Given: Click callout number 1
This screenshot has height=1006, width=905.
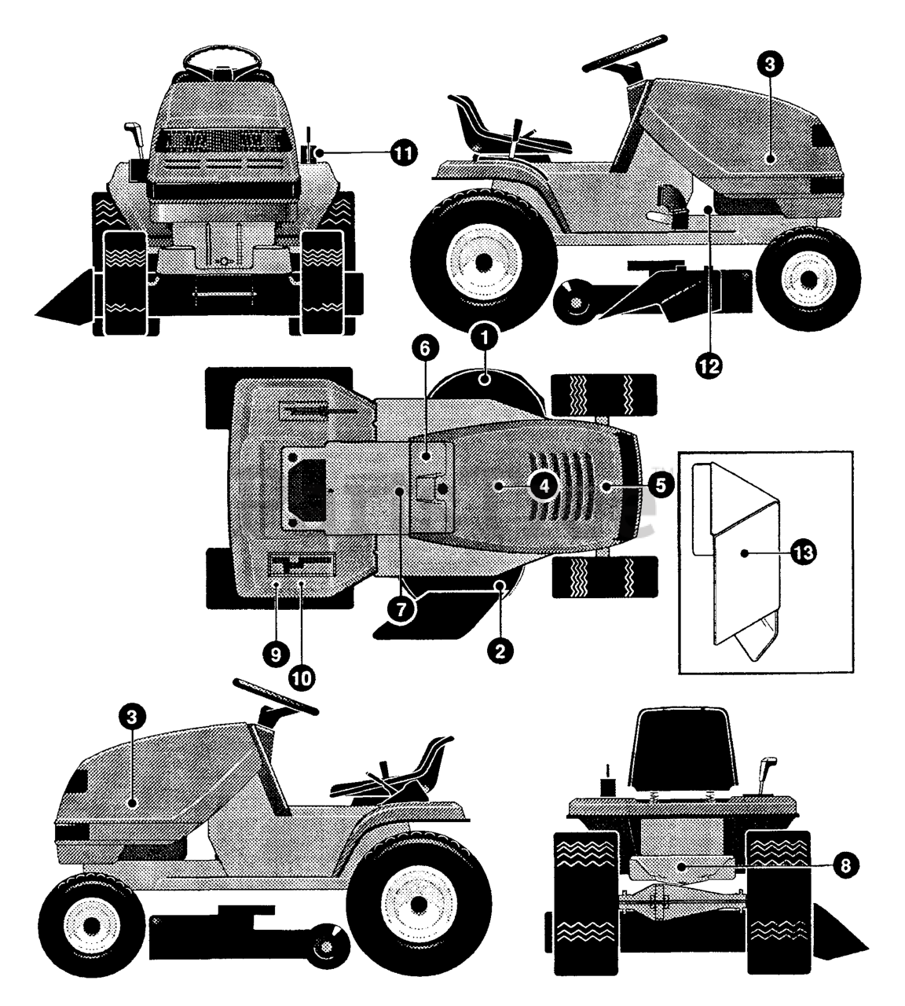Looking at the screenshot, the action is (x=485, y=339).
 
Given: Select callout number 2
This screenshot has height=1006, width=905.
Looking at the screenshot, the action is (x=500, y=650).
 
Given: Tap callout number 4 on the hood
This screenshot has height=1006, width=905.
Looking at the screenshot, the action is (x=544, y=486).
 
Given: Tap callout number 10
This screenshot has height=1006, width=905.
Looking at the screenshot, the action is (x=302, y=674).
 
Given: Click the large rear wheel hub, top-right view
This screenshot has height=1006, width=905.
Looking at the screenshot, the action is (x=481, y=260).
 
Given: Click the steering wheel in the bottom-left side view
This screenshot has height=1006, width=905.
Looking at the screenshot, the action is (x=277, y=696).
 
